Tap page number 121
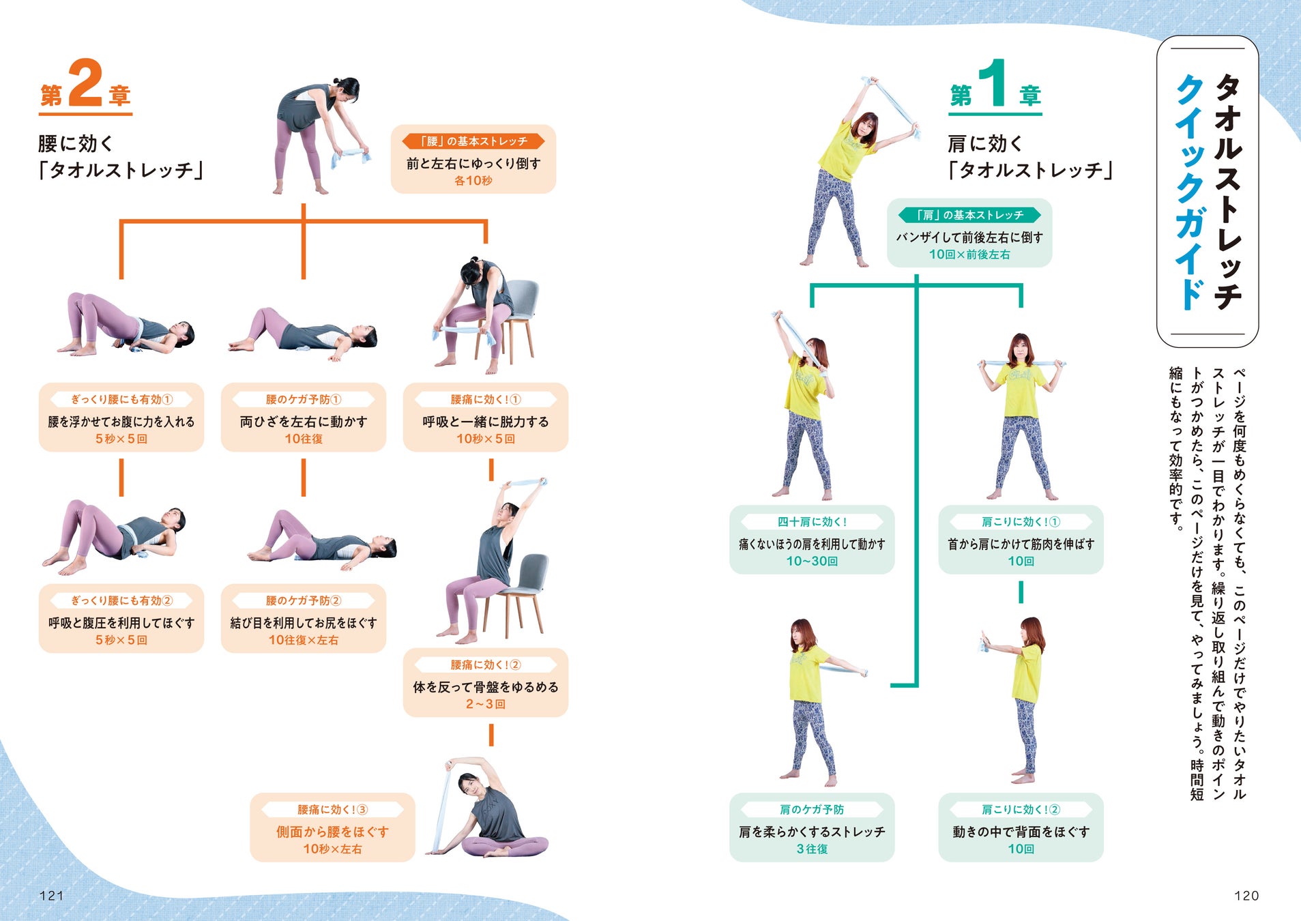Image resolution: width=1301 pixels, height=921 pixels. point(52,896)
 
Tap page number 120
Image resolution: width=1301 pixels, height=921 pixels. point(1246,896)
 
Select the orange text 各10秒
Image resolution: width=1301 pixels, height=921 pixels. point(473,181)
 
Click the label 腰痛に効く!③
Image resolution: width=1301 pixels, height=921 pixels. point(332,810)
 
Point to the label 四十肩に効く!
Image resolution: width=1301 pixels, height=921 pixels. point(812,522)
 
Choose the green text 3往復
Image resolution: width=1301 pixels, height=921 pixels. point(812,849)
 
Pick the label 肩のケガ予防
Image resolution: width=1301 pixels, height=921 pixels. point(812,810)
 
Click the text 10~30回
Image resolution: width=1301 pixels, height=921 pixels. point(812,561)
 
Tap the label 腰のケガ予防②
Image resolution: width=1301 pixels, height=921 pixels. point(304,601)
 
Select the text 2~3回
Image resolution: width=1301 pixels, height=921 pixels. point(486,704)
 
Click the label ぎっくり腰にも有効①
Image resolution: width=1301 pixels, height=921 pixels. point(121,400)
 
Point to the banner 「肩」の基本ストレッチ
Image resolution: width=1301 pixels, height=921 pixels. point(969,216)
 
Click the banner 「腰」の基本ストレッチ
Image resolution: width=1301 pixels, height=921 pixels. point(473,141)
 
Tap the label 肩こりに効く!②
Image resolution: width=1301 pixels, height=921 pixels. point(1021,810)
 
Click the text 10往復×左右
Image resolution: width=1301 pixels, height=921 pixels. point(304,641)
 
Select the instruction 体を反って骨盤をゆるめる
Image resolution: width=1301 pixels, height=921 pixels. point(486,687)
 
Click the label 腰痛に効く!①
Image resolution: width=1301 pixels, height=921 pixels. point(486,400)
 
